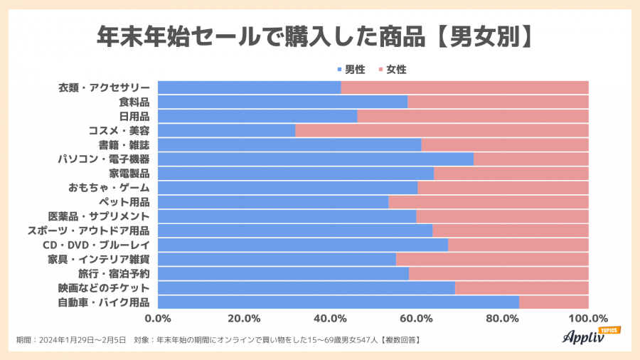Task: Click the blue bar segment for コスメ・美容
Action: point(226,131)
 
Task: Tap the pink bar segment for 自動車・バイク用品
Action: point(554,302)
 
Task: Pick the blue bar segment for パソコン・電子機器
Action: point(315,159)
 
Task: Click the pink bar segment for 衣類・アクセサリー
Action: point(465,88)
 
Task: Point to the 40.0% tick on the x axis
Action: point(330,318)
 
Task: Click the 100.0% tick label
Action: point(588,318)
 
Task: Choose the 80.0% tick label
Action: point(502,318)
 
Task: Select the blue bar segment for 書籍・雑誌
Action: point(289,145)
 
